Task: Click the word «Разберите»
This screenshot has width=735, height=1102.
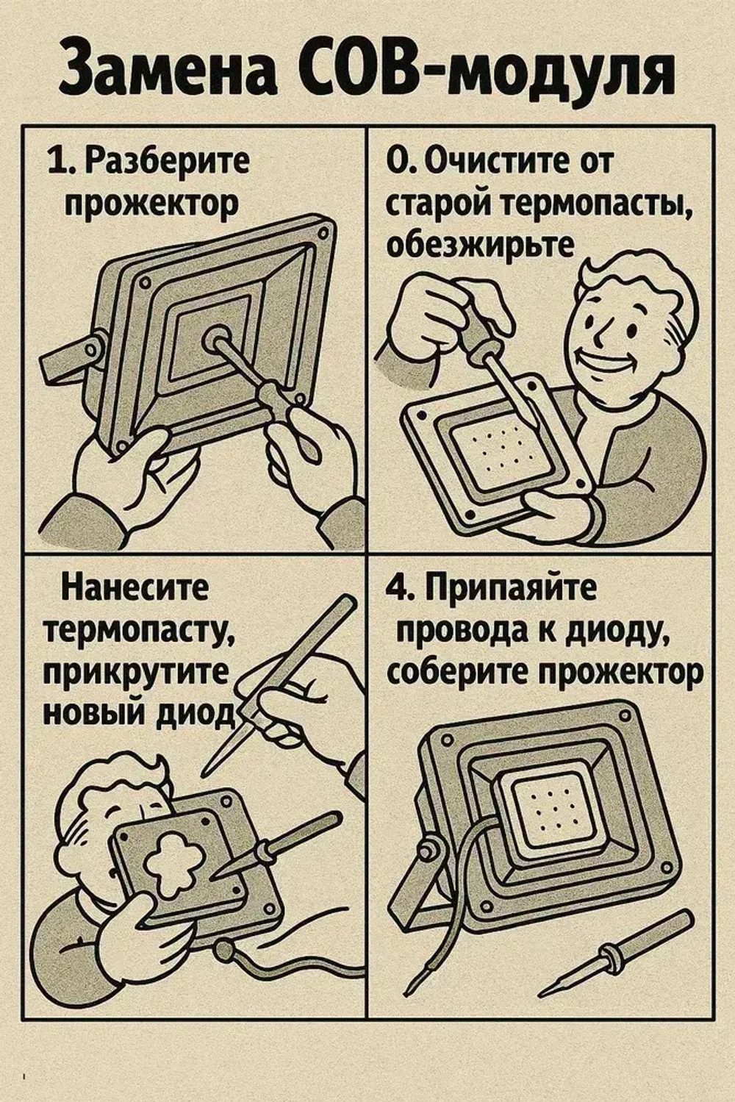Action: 168,161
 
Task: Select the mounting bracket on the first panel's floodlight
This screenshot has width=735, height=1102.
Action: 70,354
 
